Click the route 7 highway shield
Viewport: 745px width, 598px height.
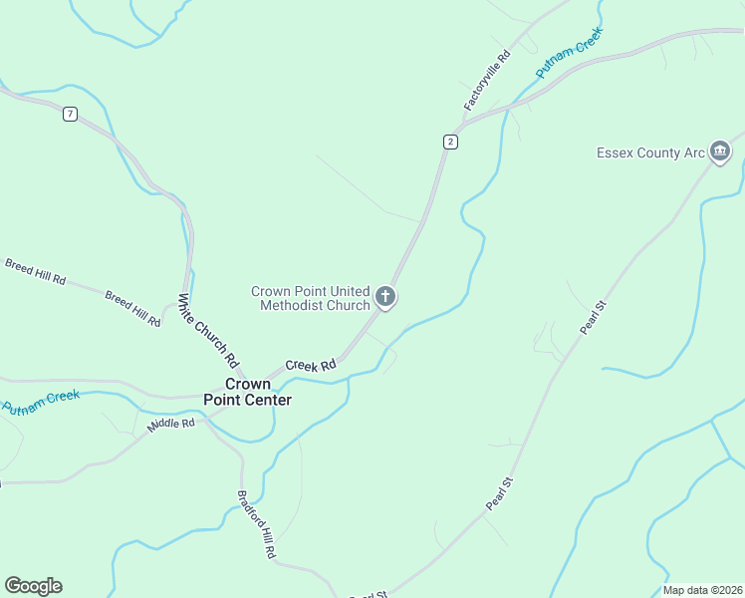tap(70, 114)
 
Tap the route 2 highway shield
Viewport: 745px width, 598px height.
tap(451, 142)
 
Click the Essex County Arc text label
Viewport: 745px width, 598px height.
tap(650, 152)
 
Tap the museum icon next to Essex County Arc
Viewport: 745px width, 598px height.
tap(720, 152)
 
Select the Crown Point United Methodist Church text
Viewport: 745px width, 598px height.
tap(310, 298)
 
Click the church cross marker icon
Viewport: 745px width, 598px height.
tap(385, 297)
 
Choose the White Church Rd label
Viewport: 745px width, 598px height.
tap(209, 329)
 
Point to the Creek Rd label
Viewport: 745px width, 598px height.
tap(311, 366)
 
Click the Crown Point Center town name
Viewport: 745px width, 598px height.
tap(248, 392)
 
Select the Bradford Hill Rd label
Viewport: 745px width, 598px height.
tap(256, 523)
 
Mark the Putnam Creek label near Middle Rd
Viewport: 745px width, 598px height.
tap(41, 402)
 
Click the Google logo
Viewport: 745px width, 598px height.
tap(33, 586)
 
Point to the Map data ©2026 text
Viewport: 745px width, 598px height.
tap(702, 590)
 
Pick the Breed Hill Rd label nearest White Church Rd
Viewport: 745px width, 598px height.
tap(132, 309)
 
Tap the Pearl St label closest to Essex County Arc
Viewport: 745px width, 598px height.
tap(594, 316)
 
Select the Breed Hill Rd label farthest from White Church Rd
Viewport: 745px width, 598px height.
tap(35, 272)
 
